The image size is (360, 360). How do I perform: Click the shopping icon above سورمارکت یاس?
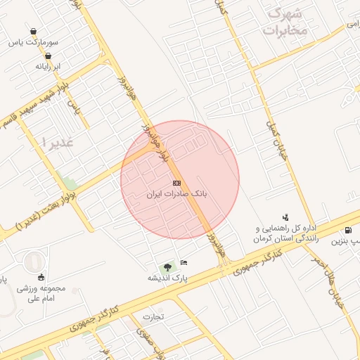(x=33, y=32)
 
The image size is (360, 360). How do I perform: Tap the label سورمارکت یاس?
(x=34, y=42)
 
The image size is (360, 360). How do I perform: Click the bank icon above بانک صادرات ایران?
(x=176, y=182)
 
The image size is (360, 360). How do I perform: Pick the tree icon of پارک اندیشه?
(x=167, y=267)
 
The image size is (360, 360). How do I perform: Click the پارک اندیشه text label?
(x=167, y=278)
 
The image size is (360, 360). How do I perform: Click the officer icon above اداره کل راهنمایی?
(x=285, y=217)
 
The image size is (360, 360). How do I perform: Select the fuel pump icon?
(x=349, y=230)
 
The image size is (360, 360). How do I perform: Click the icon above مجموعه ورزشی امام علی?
(x=41, y=276)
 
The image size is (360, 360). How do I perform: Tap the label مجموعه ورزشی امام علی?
(x=43, y=292)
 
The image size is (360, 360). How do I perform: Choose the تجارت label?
(x=153, y=316)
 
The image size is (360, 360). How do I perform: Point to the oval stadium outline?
(x=33, y=263)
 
